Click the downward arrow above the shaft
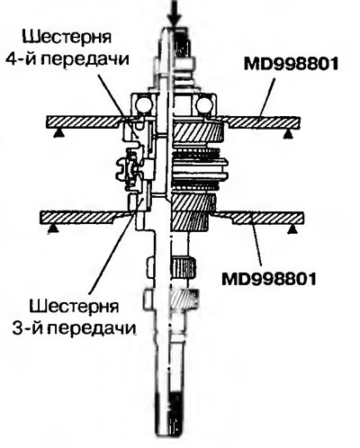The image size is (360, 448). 174,13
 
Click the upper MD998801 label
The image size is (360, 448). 291,64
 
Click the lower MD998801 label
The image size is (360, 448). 269,279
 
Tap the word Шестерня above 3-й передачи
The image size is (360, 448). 75,307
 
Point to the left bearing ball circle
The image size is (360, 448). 143,105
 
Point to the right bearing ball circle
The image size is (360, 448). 204,105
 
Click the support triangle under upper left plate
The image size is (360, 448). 58,133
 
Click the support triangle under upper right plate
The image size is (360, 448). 288,134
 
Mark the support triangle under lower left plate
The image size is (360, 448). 53,228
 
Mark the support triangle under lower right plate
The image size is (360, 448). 293,229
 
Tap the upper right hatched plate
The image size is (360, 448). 261,122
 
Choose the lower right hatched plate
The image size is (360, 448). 261,218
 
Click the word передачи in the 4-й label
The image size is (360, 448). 84,59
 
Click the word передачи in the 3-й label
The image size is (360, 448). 92,329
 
